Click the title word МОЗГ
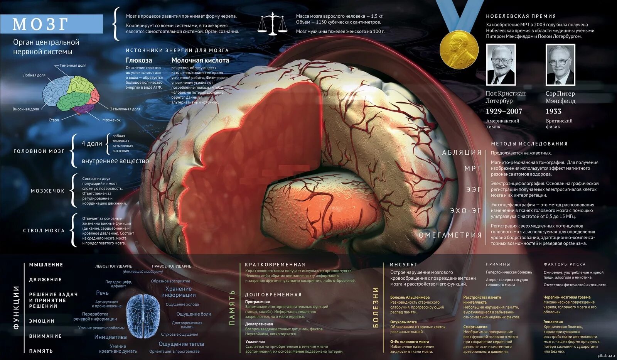click(x=40, y=24)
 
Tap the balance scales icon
click(x=273, y=24)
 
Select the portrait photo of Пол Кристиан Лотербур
click(x=501, y=64)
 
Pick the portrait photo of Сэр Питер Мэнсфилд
click(x=560, y=64)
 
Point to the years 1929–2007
click(x=504, y=111)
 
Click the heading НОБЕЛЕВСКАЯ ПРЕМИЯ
click(x=521, y=16)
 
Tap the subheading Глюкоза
click(x=139, y=60)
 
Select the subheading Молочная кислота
click(x=200, y=60)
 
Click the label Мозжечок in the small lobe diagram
click(x=111, y=120)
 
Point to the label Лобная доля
click(x=34, y=75)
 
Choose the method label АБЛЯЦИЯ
click(x=462, y=152)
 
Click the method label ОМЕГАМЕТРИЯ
click(x=450, y=235)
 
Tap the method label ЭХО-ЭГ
click(x=465, y=211)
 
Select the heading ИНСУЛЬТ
click(x=403, y=264)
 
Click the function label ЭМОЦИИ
click(x=42, y=321)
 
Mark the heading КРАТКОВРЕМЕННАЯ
click(x=275, y=264)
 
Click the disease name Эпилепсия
click(x=553, y=322)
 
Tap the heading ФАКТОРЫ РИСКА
click(x=564, y=264)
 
